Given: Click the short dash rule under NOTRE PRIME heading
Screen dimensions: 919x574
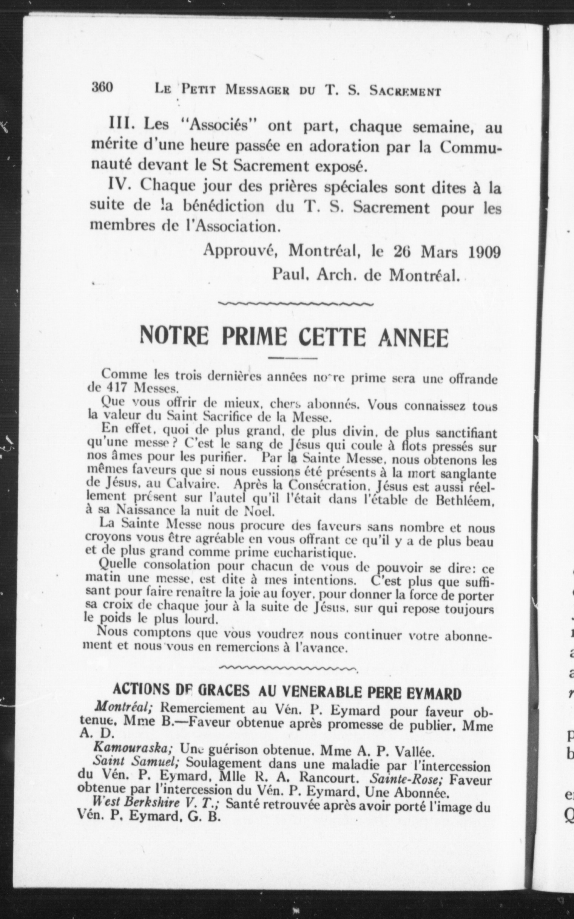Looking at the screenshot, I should point(292,358).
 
